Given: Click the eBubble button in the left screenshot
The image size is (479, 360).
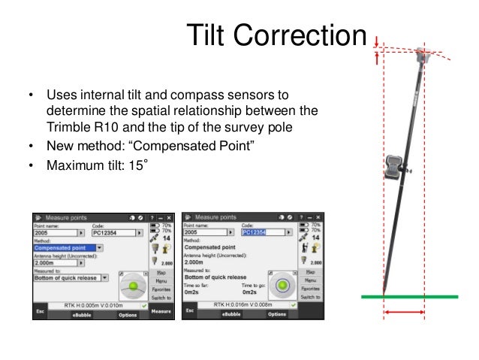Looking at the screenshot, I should tap(81, 315).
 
